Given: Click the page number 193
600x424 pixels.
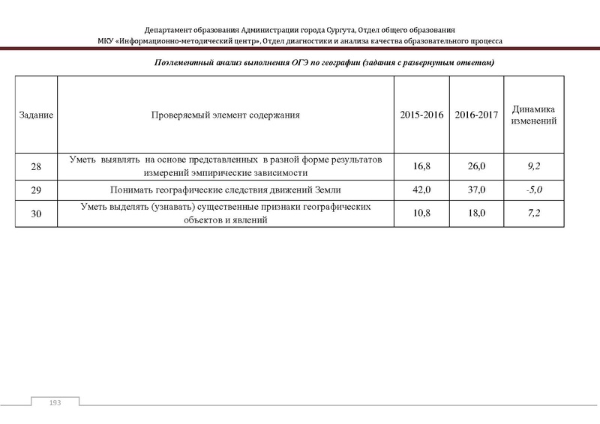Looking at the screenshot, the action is pyautogui.click(x=54, y=404).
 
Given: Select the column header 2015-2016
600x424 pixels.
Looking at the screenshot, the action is pyautogui.click(x=421, y=115).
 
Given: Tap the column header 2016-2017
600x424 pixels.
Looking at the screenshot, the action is pyautogui.click(x=475, y=115).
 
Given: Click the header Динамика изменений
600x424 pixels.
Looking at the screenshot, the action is pyautogui.click(x=533, y=115).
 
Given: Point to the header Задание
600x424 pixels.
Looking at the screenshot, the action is pyautogui.click(x=36, y=115).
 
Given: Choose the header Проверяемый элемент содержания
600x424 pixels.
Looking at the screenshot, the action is pyautogui.click(x=226, y=115).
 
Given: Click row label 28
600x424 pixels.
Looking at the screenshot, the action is pyautogui.click(x=36, y=166).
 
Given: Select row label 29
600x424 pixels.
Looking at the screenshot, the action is pyautogui.click(x=36, y=190).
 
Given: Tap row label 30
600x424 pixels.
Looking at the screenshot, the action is pyautogui.click(x=36, y=214).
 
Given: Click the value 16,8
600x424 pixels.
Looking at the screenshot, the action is pyautogui.click(x=421, y=166).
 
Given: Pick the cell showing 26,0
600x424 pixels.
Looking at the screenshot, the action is pyautogui.click(x=475, y=166).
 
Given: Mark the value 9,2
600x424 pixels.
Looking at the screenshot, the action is pyautogui.click(x=533, y=166).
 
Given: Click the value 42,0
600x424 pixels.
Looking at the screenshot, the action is pyautogui.click(x=421, y=190).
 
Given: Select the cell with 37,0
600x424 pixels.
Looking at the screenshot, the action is pyautogui.click(x=475, y=190).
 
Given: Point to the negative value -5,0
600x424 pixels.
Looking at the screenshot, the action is pyautogui.click(x=533, y=190).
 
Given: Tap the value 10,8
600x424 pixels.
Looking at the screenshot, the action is pyautogui.click(x=421, y=214).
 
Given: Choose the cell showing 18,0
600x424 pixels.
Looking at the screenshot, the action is pyautogui.click(x=475, y=214).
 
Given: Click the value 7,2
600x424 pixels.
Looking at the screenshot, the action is pyautogui.click(x=533, y=214).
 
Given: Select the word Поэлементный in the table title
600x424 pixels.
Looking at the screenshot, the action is pyautogui.click(x=181, y=63).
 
